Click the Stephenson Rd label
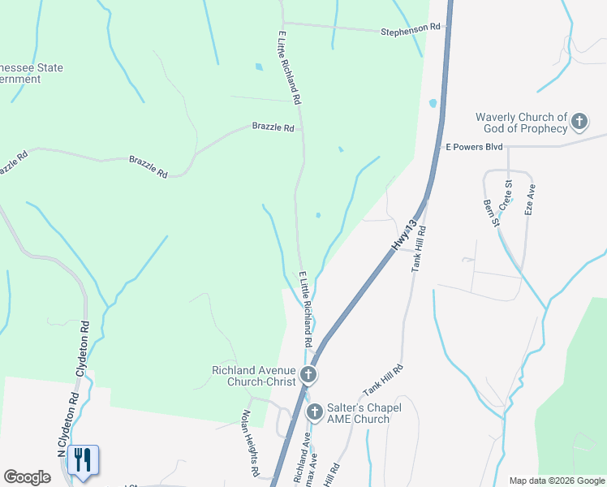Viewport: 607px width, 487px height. (x=411, y=30)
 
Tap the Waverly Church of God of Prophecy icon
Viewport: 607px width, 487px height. (x=579, y=123)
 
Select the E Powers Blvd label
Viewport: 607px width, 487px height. (x=475, y=147)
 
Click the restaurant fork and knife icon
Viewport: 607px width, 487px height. (x=83, y=459)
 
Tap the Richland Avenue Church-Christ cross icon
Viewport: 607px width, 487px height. (x=308, y=375)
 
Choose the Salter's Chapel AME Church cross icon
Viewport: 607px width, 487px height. (x=314, y=412)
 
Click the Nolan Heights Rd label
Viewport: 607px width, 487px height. (x=249, y=442)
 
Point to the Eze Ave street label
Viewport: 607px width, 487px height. (x=530, y=198)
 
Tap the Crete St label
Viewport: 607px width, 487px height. (x=506, y=196)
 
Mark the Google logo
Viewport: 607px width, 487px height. (x=27, y=477)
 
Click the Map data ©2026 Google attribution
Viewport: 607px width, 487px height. (x=556, y=481)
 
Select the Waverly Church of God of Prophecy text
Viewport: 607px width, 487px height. (x=522, y=123)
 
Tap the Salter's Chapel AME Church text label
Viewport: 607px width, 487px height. (x=358, y=413)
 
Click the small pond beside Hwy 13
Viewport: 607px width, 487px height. (x=433, y=104)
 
